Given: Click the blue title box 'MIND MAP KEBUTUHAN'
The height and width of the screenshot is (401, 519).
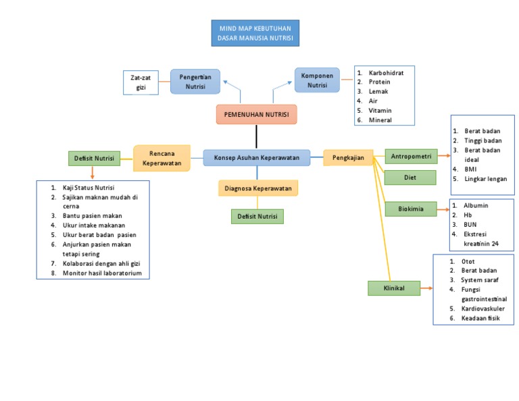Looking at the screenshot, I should pyautogui.click(x=255, y=33).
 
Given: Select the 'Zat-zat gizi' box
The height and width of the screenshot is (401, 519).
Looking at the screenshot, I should pyautogui.click(x=141, y=82).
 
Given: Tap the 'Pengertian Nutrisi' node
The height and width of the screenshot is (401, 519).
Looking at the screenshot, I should pyautogui.click(x=195, y=82).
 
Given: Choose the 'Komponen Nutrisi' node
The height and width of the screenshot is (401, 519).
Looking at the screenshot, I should pyautogui.click(x=317, y=80).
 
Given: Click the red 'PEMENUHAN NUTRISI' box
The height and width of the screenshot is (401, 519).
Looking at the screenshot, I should pyautogui.click(x=256, y=115).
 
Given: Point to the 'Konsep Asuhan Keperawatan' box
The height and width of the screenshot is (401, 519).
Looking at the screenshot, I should pyautogui.click(x=256, y=157).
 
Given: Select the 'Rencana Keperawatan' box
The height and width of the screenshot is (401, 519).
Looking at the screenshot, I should pyautogui.click(x=162, y=158).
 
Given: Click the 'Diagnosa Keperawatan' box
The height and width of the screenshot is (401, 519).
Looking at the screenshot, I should pyautogui.click(x=258, y=188).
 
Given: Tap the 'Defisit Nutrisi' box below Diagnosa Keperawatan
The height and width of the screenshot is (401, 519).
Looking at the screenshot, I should pyautogui.click(x=256, y=216).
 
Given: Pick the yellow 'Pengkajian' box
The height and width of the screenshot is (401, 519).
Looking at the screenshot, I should pyautogui.click(x=348, y=157).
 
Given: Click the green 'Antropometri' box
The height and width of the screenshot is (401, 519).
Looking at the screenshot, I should pyautogui.click(x=411, y=157).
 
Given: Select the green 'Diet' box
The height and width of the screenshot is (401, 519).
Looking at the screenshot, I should pyautogui.click(x=410, y=178).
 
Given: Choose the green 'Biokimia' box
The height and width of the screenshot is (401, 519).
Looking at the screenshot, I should pyautogui.click(x=410, y=209).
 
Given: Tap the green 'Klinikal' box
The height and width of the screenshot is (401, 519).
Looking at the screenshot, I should pyautogui.click(x=393, y=288).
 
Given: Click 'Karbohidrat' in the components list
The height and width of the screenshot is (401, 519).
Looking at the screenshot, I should pyautogui.click(x=386, y=72).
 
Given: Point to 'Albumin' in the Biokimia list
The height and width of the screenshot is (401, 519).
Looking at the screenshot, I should pyautogui.click(x=476, y=205).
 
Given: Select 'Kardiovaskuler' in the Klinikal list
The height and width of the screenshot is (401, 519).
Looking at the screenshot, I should pyautogui.click(x=483, y=309).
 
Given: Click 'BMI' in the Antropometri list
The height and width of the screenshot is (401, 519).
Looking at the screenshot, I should pyautogui.click(x=470, y=169).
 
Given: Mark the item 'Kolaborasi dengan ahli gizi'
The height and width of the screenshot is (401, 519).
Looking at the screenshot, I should pyautogui.click(x=101, y=263).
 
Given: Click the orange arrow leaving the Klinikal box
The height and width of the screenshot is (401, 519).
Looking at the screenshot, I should pyautogui.click(x=427, y=288).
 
